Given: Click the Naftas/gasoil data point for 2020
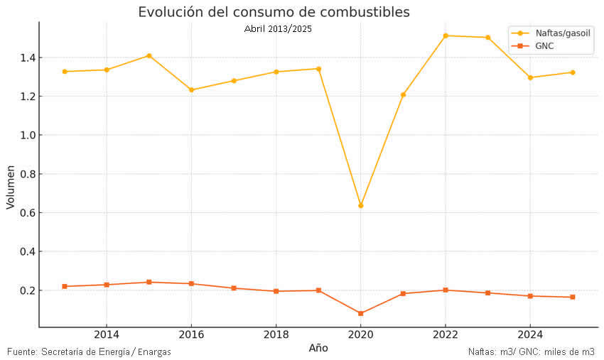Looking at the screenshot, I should [361, 206].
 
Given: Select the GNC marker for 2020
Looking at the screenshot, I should [361, 313].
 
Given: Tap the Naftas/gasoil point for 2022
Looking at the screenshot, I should [446, 36].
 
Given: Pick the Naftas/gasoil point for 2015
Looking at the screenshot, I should [149, 55].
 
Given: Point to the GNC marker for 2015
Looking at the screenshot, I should [149, 282].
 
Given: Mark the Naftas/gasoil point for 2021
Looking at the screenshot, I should [403, 94].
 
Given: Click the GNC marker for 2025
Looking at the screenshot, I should [572, 297].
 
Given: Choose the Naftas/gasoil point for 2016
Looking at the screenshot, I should [191, 90].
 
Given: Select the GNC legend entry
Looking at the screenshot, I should [544, 45].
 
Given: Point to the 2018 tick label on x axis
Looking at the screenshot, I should [276, 334].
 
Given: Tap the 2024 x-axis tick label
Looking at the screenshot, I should [530, 334].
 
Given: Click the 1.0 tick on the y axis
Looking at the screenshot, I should [26, 135].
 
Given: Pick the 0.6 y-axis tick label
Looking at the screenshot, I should [26, 213].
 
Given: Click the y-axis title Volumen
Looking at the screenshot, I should [10, 187].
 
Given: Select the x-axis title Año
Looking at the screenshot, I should [318, 348].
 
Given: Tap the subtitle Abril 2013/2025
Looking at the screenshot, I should [278, 28].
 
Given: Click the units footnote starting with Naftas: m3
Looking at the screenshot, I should [531, 351].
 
